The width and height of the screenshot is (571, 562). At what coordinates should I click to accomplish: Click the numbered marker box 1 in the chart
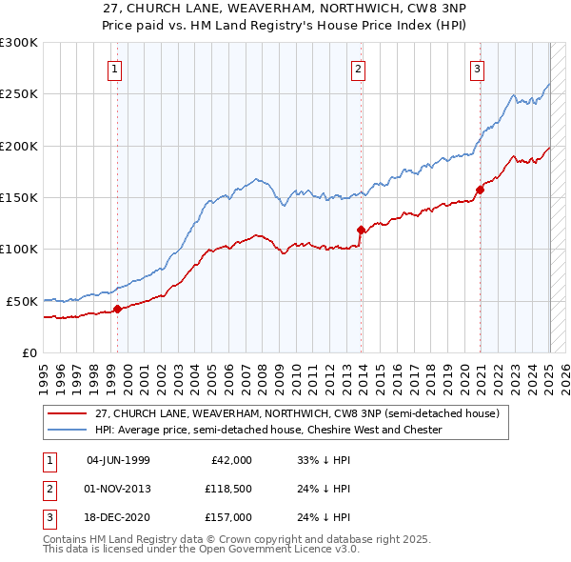click(114, 68)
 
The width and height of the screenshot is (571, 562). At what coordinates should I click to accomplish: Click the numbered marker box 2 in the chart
click(358, 68)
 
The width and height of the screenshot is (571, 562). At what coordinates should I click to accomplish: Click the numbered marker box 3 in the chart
click(476, 68)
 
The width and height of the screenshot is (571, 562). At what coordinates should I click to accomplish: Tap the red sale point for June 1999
click(117, 309)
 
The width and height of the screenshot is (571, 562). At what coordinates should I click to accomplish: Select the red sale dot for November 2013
click(361, 230)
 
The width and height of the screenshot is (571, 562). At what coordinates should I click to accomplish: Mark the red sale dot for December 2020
click(480, 190)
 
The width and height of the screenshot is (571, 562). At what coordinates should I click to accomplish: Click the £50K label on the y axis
click(21, 301)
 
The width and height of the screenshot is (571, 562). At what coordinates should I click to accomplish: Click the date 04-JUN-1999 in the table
click(118, 460)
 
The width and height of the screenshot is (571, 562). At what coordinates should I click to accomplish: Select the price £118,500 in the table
click(227, 489)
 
